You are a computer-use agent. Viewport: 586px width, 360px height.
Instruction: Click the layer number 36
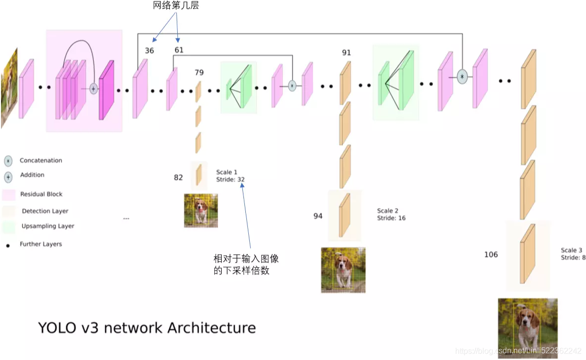(x=149, y=50)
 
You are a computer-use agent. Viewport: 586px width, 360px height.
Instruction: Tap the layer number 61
(x=179, y=50)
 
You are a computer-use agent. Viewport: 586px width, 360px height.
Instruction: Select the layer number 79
(x=199, y=73)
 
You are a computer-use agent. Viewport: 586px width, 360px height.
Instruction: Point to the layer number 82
(x=178, y=177)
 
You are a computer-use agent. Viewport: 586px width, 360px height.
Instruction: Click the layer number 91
(x=346, y=53)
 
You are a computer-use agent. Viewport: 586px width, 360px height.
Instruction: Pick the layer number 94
(x=318, y=216)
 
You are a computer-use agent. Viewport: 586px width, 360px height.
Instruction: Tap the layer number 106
(x=491, y=254)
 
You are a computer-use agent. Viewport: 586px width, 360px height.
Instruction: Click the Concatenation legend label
(x=41, y=160)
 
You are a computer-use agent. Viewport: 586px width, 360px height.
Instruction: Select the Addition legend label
(x=32, y=175)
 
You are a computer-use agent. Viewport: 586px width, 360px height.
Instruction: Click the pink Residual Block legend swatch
(x=8, y=195)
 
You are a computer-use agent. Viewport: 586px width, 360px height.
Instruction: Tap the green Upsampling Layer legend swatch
(x=8, y=227)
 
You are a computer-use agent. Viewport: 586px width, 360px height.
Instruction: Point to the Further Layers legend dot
(x=8, y=245)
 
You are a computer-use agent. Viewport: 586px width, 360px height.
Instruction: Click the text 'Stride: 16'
(x=391, y=218)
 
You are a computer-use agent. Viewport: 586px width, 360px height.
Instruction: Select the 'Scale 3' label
(x=571, y=250)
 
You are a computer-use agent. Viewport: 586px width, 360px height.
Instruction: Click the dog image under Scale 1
(x=201, y=210)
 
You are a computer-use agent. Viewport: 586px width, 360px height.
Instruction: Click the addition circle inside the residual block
(x=93, y=89)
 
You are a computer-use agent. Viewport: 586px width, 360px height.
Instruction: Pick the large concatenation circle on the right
(x=462, y=77)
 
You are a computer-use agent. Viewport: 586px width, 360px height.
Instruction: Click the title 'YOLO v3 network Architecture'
(x=147, y=328)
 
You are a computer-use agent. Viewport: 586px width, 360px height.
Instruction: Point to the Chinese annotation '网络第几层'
(x=175, y=6)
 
